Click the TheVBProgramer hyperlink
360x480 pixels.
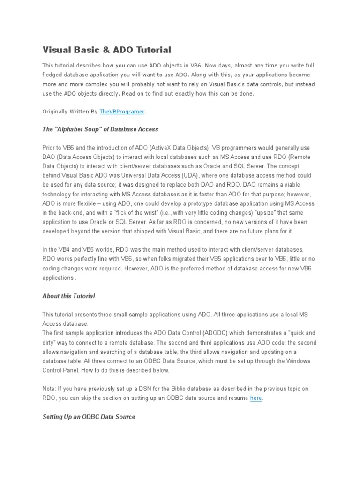122,112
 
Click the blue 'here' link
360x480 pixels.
256,398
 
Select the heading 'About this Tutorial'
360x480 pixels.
69,296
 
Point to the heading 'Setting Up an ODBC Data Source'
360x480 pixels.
89,416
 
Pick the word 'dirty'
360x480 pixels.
50,343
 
